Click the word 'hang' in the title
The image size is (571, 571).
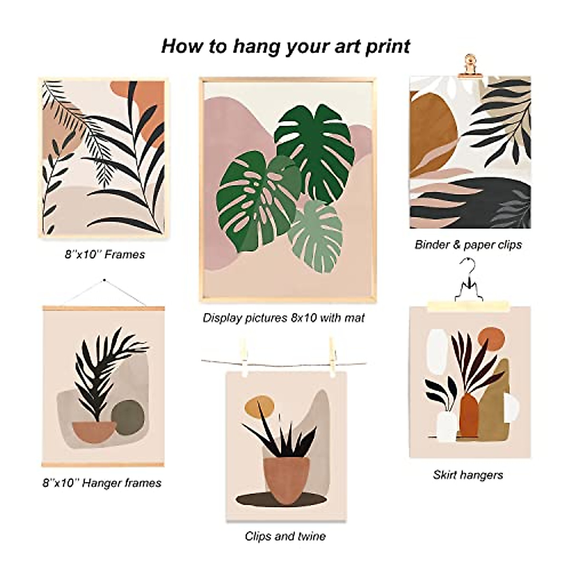258,47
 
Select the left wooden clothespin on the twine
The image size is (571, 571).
244,356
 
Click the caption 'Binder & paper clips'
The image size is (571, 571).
468,245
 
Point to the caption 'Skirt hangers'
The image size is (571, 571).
468,474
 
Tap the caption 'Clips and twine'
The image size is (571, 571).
285,536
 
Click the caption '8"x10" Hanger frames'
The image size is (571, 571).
102,483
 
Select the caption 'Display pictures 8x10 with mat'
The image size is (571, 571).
284,317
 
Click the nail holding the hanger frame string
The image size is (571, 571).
104,281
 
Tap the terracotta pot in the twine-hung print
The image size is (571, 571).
286,478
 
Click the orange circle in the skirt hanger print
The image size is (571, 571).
491,339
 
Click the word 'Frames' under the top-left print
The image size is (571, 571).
125,255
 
